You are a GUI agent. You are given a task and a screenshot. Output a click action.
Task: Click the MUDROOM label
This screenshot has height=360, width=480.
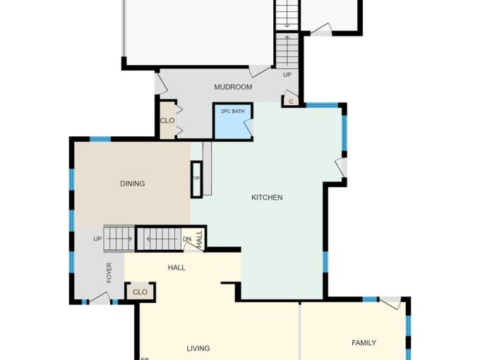click(233, 87)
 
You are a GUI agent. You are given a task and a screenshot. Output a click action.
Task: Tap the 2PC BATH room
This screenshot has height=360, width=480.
click(233, 121)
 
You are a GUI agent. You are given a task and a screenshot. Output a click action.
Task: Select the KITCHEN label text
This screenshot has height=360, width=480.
click(267, 198)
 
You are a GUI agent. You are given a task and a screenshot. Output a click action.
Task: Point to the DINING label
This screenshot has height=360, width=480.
click(133, 184)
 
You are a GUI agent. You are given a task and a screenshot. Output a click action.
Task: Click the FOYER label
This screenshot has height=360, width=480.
click(109, 272)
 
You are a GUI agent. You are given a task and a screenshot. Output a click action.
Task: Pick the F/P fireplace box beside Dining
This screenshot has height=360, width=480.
click(196, 179)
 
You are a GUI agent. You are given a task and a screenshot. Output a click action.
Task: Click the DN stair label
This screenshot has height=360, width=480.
click(187, 239)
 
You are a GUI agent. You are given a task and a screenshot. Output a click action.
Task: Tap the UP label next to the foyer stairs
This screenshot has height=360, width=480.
click(97, 239)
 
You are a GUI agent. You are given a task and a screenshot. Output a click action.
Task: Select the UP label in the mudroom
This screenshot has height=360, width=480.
click(287, 75)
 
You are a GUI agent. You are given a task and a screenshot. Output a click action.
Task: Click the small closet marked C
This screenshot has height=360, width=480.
click(291, 101)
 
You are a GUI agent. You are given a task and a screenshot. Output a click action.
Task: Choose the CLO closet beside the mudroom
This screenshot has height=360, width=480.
click(167, 120)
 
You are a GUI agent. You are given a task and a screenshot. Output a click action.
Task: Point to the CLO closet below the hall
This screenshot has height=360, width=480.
click(140, 292)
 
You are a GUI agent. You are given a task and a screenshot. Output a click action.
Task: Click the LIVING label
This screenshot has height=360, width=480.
click(198, 349)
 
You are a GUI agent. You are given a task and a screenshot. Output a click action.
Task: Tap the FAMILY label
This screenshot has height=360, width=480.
click(364, 343)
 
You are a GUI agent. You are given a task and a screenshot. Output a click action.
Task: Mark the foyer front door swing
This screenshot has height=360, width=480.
click(100, 299)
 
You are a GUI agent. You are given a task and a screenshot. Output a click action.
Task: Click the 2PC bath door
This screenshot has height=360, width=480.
click(249, 127)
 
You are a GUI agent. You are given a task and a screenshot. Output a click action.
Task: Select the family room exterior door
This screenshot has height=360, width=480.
click(390, 303)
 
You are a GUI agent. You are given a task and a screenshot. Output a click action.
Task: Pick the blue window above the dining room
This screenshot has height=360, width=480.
click(100, 139)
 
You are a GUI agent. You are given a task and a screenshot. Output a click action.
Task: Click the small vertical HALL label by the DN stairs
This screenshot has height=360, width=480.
click(200, 239)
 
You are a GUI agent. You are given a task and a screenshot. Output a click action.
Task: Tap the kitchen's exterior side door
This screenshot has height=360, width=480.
click(342, 167)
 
